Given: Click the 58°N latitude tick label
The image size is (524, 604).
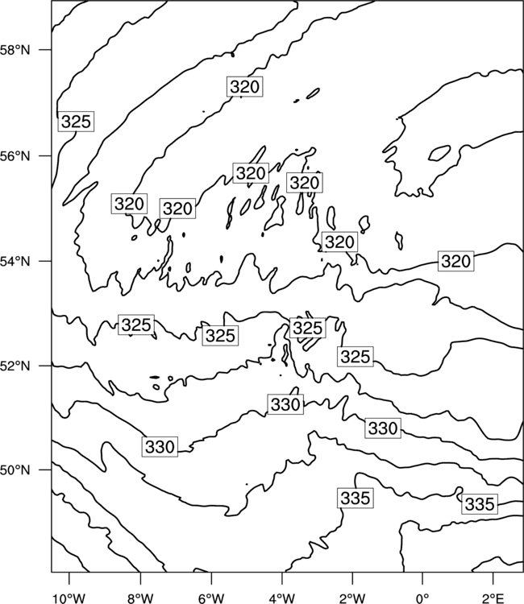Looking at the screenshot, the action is (15, 50).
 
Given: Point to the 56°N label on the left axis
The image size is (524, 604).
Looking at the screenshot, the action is (15, 156).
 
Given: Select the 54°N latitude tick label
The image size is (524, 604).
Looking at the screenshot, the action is (15, 261).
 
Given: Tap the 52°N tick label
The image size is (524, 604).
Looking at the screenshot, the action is (15, 366).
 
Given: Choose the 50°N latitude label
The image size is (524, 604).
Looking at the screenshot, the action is (15, 470).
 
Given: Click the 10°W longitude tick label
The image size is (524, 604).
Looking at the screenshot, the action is (69, 598).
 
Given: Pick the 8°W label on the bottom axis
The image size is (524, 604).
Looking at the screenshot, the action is (140, 598).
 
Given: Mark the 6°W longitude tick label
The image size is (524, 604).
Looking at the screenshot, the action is (211, 598).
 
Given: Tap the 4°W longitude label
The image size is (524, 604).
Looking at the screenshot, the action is (282, 598).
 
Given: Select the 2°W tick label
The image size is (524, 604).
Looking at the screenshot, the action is (352, 598).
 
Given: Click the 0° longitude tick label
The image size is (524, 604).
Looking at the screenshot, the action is (422, 598).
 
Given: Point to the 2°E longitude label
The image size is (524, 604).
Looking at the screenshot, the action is (493, 598).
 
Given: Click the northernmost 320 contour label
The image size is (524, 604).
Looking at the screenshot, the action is (245, 87).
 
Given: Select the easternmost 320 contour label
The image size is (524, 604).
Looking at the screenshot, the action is (456, 261).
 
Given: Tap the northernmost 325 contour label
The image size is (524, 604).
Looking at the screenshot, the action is (76, 122).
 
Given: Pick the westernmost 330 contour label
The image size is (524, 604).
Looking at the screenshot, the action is (160, 447).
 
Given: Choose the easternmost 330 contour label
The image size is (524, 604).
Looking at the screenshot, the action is (383, 428).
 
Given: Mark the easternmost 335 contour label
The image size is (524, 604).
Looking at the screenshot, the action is (480, 504).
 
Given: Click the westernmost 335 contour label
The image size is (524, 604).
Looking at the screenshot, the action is (356, 498).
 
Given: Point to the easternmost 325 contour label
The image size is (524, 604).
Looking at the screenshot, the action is (356, 356).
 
